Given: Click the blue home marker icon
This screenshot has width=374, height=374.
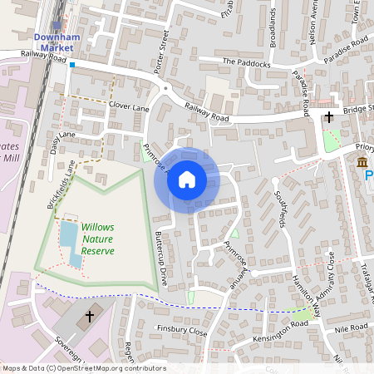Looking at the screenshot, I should click(x=187, y=179).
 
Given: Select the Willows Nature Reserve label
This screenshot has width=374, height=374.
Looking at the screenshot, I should click(x=97, y=239).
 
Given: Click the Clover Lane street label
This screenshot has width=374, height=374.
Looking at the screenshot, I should click(x=129, y=108).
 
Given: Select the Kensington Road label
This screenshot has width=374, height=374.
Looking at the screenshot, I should click(x=283, y=329).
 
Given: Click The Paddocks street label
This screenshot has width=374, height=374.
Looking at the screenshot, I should click(x=246, y=62).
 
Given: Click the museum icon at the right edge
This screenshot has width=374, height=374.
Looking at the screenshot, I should click(x=362, y=161).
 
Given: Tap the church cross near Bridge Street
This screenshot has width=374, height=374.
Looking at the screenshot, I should click(x=329, y=117).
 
